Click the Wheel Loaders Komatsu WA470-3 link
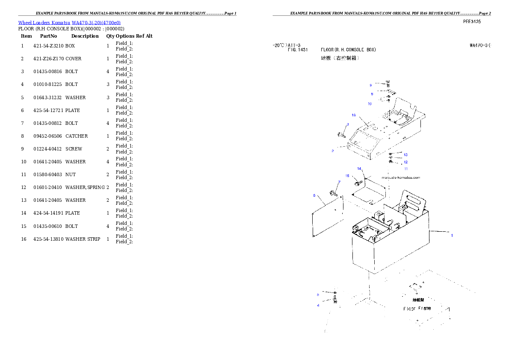(x=69, y=23)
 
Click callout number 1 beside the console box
(x=452, y=235)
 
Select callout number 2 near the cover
(x=332, y=151)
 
